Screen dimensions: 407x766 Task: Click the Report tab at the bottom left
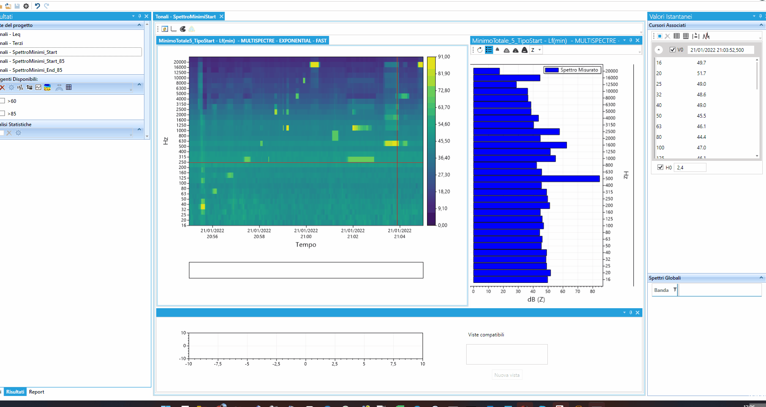pos(36,392)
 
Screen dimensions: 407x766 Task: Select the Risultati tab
pos(15,392)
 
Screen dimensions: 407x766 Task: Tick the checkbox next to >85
pos(2,113)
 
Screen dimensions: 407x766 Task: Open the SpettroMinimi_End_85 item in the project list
pos(37,70)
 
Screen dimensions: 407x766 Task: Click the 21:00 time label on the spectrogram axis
pos(306,234)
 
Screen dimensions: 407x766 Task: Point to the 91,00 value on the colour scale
pos(444,57)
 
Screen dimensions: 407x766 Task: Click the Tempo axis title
pos(306,245)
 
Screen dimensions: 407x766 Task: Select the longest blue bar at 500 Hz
pos(536,179)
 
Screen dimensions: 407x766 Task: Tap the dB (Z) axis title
pos(536,300)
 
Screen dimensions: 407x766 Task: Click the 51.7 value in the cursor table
pos(701,73)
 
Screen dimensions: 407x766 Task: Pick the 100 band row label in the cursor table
pos(660,148)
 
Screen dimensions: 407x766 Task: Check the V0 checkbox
pos(673,50)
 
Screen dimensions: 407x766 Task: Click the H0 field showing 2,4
pos(691,168)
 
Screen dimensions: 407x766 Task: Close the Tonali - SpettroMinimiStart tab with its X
pos(221,17)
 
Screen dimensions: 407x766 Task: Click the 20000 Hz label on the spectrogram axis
pos(180,62)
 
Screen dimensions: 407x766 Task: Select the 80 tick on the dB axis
pos(592,291)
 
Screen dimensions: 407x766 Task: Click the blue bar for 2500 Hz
pos(516,132)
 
